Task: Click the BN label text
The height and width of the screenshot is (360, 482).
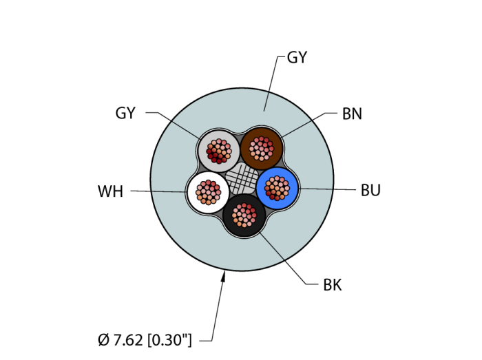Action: [x=352, y=114]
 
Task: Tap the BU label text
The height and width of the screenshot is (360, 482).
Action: [x=370, y=191]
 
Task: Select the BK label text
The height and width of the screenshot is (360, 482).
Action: [x=333, y=285]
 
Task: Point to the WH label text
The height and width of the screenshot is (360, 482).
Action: [x=110, y=192]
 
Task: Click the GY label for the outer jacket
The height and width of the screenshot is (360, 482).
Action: [x=297, y=58]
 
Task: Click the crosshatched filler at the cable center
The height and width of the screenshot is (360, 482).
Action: [x=242, y=178]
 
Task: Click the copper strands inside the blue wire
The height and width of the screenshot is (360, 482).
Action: [x=277, y=187]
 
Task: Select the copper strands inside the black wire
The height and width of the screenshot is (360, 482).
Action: [x=244, y=215]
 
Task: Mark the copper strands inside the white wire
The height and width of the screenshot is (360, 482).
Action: [x=207, y=191]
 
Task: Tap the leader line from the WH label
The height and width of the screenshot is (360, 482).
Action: [x=158, y=191]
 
